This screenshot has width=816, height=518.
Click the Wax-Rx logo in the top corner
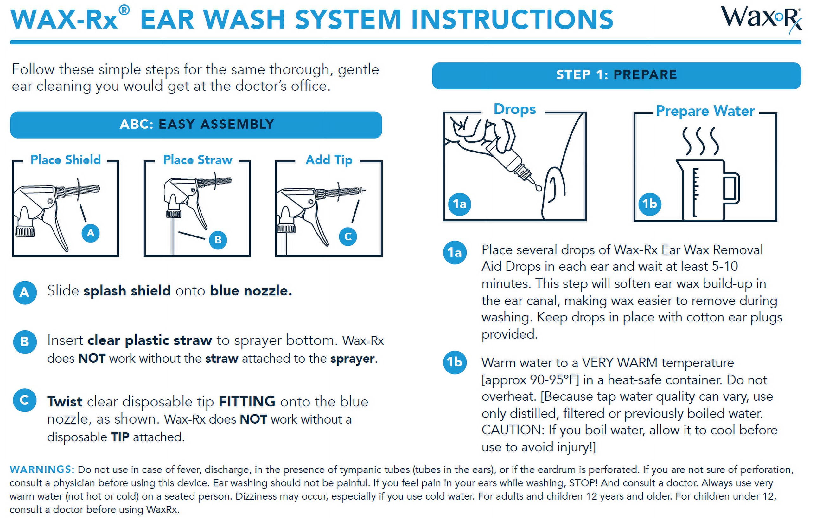point(761,19)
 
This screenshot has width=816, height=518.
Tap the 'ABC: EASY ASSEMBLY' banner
point(196,125)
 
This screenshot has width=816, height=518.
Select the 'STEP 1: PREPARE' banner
point(616,75)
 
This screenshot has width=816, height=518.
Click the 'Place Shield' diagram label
point(66,160)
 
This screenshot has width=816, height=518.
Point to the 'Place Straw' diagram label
point(198,160)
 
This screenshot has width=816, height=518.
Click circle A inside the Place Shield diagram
point(91,233)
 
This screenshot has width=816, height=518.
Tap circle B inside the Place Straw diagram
point(218,240)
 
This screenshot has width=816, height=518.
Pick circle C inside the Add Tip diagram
point(348,236)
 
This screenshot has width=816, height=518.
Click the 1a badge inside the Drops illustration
point(460,204)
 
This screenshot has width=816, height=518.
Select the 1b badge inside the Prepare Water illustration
point(650,204)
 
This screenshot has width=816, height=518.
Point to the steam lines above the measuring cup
point(700,141)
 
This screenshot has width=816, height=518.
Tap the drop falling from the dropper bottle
point(539,187)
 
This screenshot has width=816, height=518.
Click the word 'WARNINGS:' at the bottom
point(42,469)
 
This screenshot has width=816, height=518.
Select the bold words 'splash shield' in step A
point(127,291)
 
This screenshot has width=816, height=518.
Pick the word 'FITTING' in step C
point(247,402)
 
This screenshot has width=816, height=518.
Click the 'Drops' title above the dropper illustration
point(515,110)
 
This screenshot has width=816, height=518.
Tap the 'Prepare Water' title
point(705,111)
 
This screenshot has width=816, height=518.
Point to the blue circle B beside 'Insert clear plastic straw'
point(25,342)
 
